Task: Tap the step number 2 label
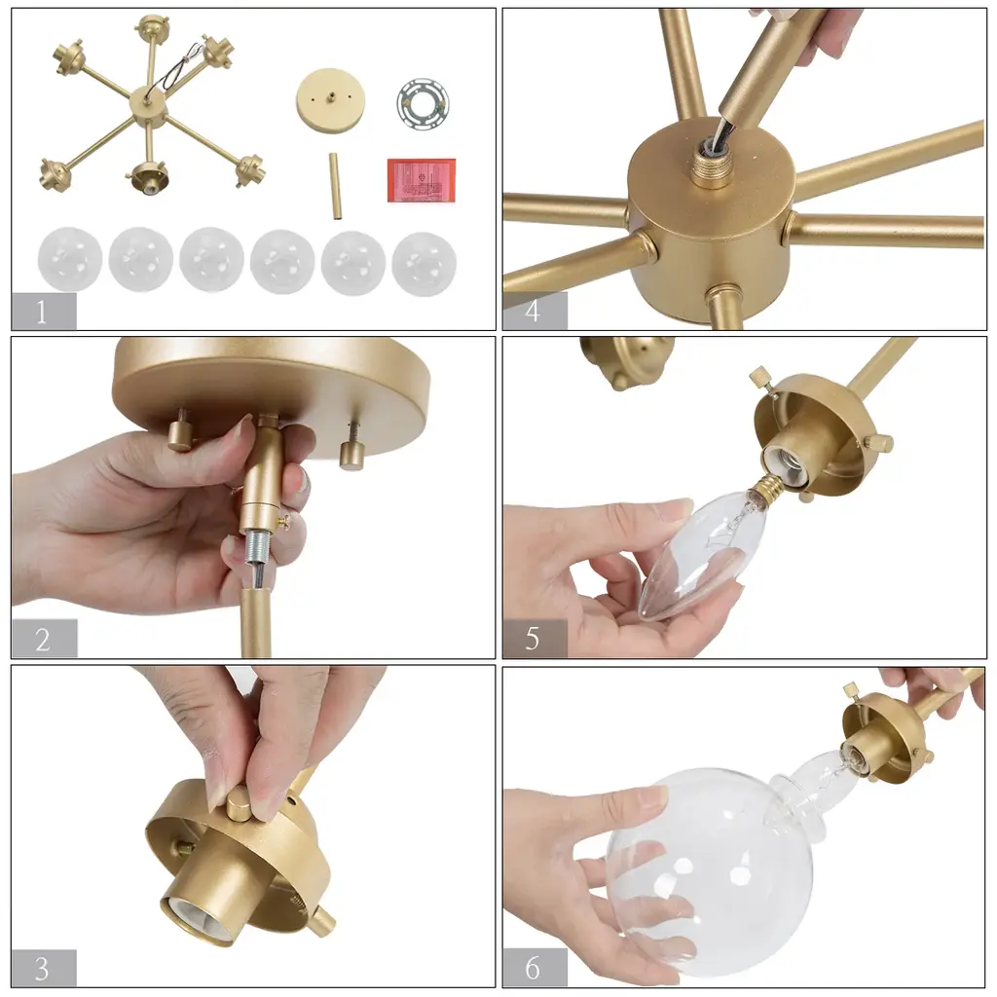pyautogui.click(x=43, y=640)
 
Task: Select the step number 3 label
pyautogui.click(x=42, y=969)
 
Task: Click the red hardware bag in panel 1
pyautogui.click(x=422, y=180)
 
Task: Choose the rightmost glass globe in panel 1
pyautogui.click(x=425, y=263)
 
